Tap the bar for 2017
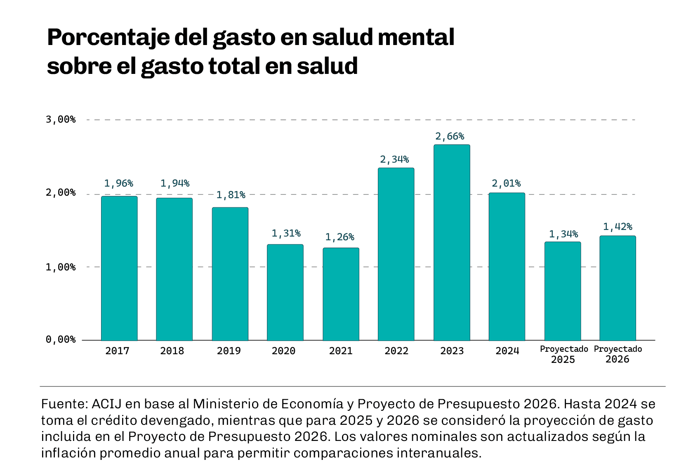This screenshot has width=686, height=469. click(x=119, y=268)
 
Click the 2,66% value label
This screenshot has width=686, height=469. click(x=450, y=136)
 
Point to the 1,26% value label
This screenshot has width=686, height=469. click(x=339, y=237)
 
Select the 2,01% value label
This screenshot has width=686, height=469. click(x=506, y=183)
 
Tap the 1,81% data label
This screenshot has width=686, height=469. click(x=231, y=195)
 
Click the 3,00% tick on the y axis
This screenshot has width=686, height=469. click(x=61, y=120)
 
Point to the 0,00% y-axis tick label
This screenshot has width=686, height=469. click(x=61, y=339)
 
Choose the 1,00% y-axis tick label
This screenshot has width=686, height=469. click(x=61, y=268)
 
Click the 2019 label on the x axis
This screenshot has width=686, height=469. click(x=229, y=351)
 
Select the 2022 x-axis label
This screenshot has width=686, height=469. click(x=396, y=351)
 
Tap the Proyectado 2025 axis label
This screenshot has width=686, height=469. click(x=563, y=354)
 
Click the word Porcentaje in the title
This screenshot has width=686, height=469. click(x=108, y=38)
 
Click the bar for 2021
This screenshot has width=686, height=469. click(x=341, y=294)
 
